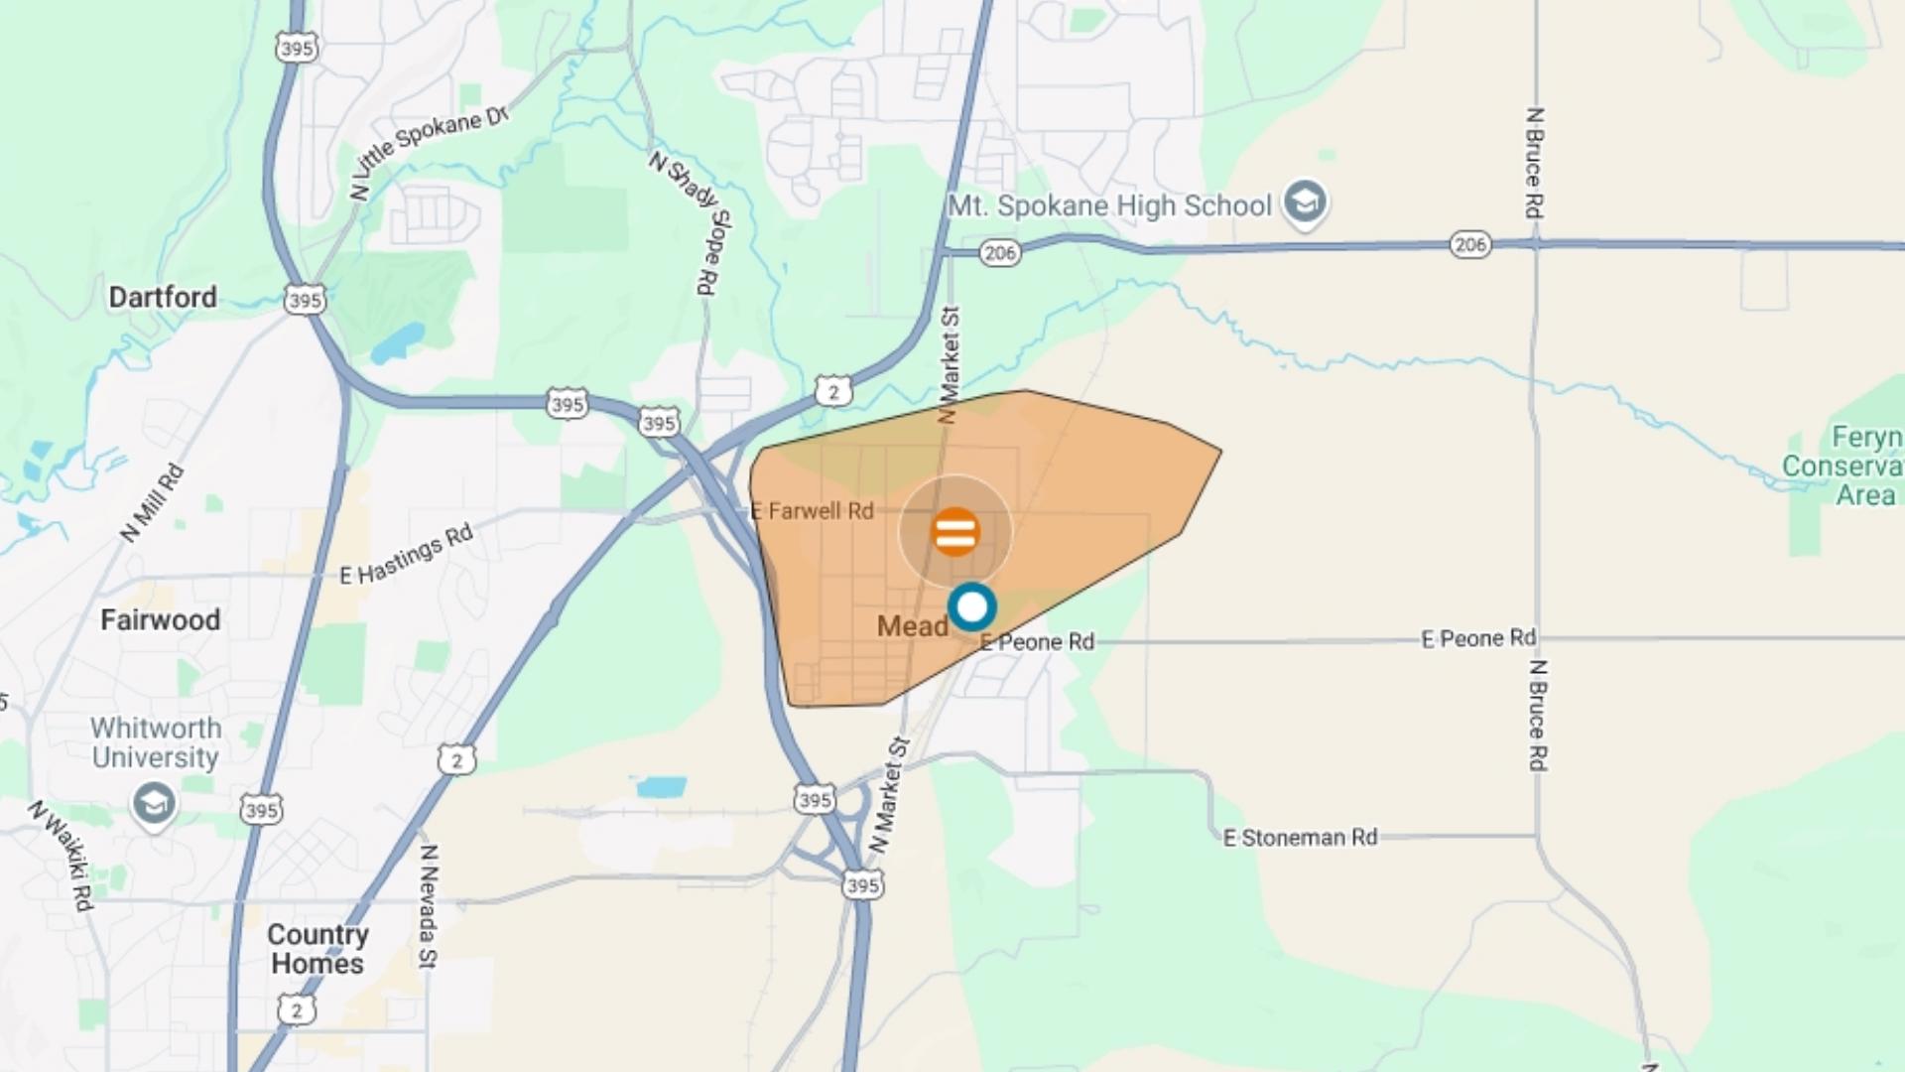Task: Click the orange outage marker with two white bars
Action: pyautogui.click(x=955, y=532)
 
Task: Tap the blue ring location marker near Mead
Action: pyautogui.click(x=971, y=606)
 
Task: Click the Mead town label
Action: pyautogui.click(x=912, y=626)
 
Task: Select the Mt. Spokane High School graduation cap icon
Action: pyautogui.click(x=1305, y=202)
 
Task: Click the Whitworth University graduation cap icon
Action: pyautogui.click(x=154, y=803)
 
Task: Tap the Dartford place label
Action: pyautogui.click(x=163, y=297)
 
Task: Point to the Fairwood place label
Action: pyautogui.click(x=160, y=620)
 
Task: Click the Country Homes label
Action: pyautogui.click(x=317, y=949)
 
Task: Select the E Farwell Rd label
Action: pyautogui.click(x=813, y=511)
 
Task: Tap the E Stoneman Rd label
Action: pyautogui.click(x=1300, y=838)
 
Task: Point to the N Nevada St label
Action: pyautogui.click(x=428, y=904)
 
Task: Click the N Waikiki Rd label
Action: pyautogui.click(x=63, y=856)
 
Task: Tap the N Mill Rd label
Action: pyautogui.click(x=152, y=503)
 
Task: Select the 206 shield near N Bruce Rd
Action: pyautogui.click(x=1469, y=244)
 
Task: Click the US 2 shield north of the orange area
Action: pyautogui.click(x=833, y=392)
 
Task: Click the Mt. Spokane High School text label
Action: pyautogui.click(x=1109, y=206)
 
